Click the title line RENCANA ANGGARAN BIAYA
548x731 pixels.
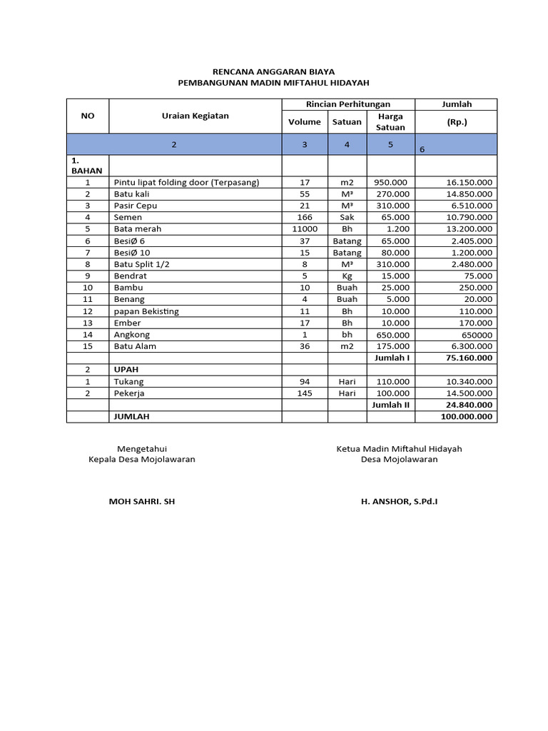pyautogui.click(x=274, y=72)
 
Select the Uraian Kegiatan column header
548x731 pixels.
pyautogui.click(x=195, y=116)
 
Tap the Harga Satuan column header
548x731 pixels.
pyautogui.click(x=390, y=121)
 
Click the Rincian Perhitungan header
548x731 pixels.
pyautogui.click(x=347, y=104)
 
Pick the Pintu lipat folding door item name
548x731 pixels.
pyautogui.click(x=186, y=182)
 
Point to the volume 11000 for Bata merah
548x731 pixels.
pyautogui.click(x=305, y=229)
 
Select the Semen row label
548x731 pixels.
pyautogui.click(x=128, y=217)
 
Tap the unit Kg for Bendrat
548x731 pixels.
pyautogui.click(x=347, y=276)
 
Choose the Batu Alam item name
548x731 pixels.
pyautogui.click(x=135, y=346)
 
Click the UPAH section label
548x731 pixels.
pyautogui.click(x=126, y=370)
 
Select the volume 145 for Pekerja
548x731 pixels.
pyautogui.click(x=305, y=393)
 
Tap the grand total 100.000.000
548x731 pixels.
pyautogui.click(x=465, y=416)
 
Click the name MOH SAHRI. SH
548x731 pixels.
pyautogui.click(x=141, y=502)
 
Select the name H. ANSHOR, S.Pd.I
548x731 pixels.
pyautogui.click(x=400, y=502)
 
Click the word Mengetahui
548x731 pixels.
pyautogui.click(x=141, y=449)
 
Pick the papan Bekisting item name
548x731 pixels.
pyautogui.click(x=146, y=311)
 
